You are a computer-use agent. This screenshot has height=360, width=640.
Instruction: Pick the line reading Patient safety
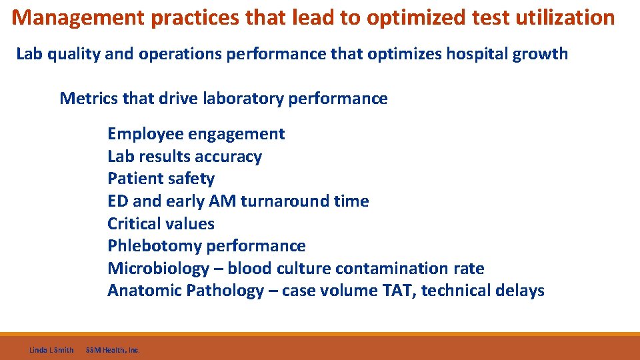(161, 179)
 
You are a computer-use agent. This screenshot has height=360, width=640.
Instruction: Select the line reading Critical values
(161, 224)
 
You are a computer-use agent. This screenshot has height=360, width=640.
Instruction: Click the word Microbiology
(158, 269)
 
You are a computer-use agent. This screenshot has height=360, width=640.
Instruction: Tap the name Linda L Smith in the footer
(51, 349)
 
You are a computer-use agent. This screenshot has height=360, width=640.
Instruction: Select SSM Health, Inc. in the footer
(113, 349)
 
